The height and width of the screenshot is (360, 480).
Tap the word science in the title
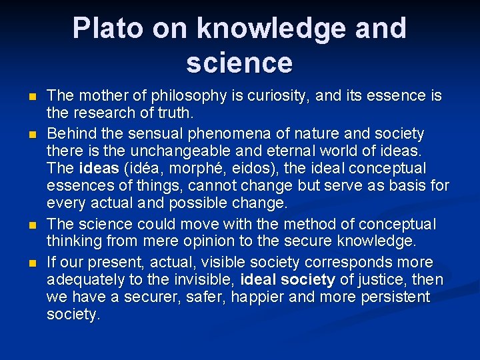click(x=239, y=63)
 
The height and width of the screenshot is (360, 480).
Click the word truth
click(x=175, y=113)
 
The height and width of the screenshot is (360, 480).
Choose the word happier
click(x=271, y=297)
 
